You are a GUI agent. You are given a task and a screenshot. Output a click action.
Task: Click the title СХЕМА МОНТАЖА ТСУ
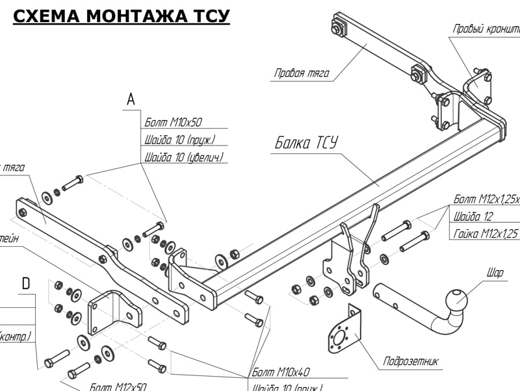tap(122, 16)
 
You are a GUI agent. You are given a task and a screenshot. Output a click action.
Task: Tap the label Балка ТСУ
tap(305, 143)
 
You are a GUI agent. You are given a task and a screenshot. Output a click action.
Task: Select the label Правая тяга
tap(302, 73)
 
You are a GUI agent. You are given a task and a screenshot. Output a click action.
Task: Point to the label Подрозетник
tap(411, 361)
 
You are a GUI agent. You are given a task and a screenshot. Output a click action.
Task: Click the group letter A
tap(131, 99)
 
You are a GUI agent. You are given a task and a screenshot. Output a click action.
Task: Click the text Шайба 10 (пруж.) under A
tap(179, 140)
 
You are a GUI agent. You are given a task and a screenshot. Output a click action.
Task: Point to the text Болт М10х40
tap(281, 372)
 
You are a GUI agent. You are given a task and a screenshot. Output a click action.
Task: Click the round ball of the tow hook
tap(456, 299)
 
